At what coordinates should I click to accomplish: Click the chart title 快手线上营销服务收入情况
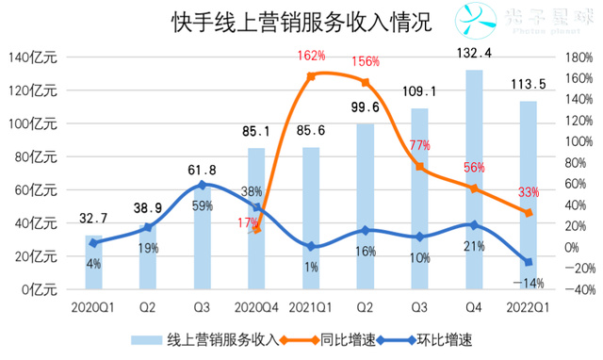(288, 21)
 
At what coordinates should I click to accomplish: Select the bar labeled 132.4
(475, 179)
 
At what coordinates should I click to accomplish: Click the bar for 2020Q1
(93, 263)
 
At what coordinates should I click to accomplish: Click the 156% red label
(366, 61)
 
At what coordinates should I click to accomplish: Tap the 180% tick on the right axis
(569, 57)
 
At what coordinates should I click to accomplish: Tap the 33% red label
(528, 192)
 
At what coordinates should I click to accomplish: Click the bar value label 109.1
(419, 91)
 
